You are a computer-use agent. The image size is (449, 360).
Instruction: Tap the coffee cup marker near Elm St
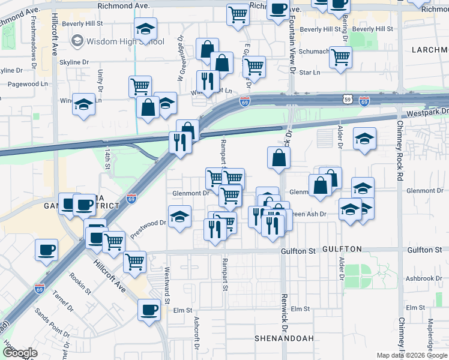pos(149,310)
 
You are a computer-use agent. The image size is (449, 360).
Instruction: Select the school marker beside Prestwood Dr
pos(179,217)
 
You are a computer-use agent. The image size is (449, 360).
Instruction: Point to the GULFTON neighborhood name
pos(342,249)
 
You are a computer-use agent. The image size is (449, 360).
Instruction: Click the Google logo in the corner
pos(20,353)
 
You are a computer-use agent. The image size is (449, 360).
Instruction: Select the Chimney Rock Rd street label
pos(400,144)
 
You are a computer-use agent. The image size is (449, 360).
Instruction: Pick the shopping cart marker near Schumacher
pos(340,58)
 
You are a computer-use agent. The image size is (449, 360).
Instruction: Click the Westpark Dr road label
pos(427,112)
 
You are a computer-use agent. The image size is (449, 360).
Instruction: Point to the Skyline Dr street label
pos(76,62)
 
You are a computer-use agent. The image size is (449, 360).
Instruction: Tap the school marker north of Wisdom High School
pos(145,29)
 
